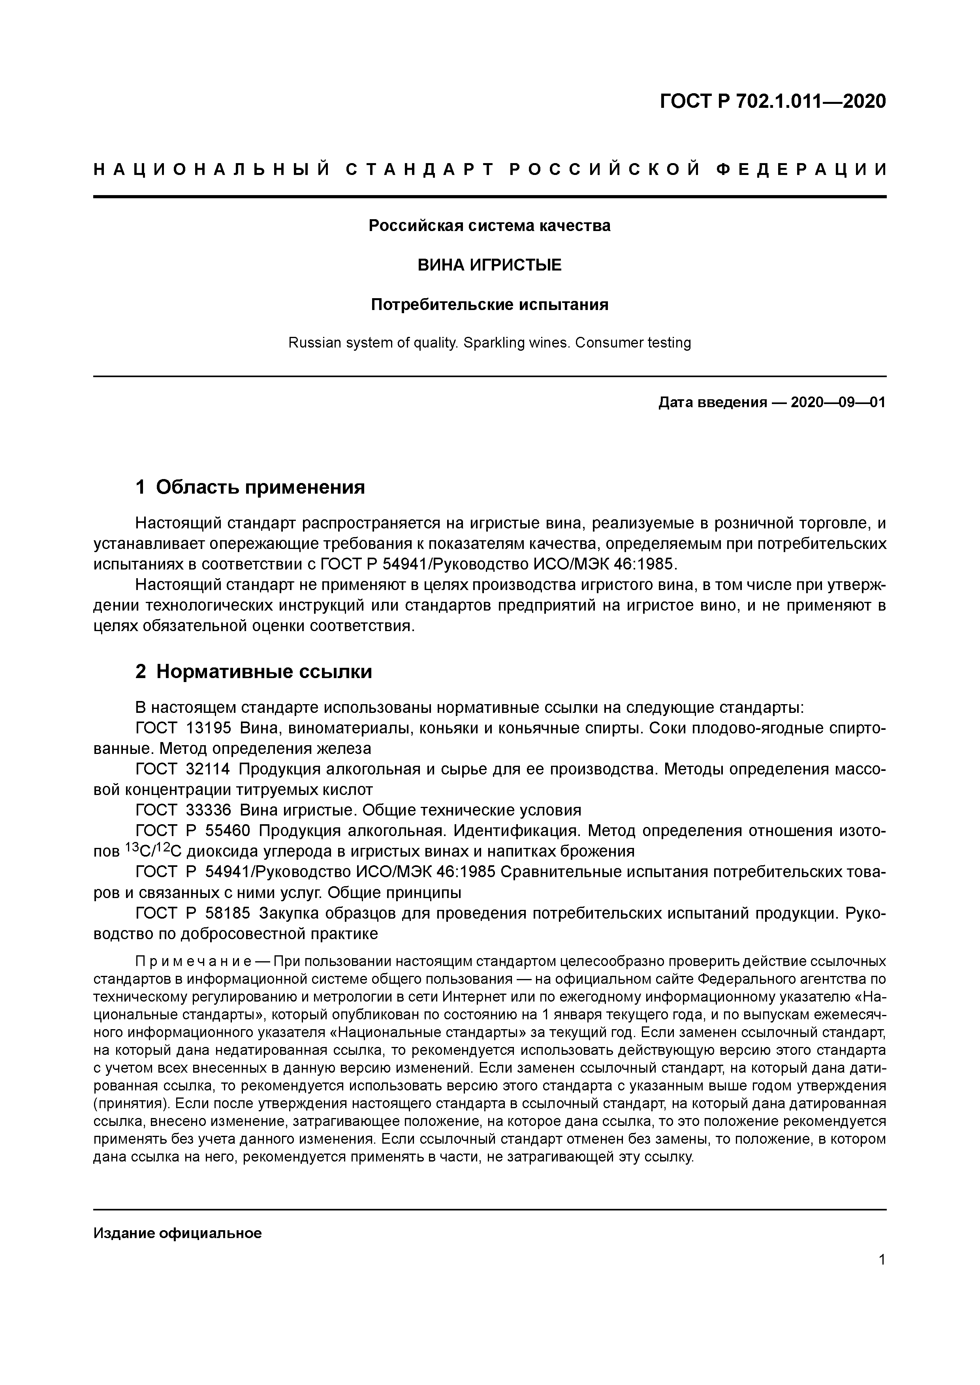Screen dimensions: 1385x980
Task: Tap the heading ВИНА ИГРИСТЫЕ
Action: pyautogui.click(x=489, y=265)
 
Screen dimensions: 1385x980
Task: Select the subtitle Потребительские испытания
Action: pyautogui.click(x=489, y=304)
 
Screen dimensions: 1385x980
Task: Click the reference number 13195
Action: pyautogui.click(x=209, y=728)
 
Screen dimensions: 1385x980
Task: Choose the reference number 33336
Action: pyautogui.click(x=209, y=810)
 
